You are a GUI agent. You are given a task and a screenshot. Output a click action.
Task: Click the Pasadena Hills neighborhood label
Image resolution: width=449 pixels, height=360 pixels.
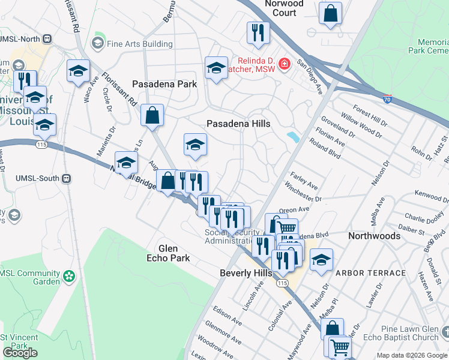[x=238, y=123]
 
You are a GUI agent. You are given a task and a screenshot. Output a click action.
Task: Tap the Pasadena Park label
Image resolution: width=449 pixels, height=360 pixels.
[x=164, y=84]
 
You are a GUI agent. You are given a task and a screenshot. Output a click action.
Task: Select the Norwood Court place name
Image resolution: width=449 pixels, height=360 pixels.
[x=285, y=8]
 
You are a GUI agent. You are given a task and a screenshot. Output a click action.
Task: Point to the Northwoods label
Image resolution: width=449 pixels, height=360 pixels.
[x=374, y=236]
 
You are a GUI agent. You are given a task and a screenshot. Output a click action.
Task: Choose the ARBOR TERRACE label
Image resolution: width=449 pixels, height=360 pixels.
[x=370, y=273]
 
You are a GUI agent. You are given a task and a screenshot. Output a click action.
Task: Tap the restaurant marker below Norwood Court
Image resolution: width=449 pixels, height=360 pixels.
[x=258, y=33]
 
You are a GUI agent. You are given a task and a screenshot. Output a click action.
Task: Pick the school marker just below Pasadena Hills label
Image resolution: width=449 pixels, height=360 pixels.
[x=195, y=145]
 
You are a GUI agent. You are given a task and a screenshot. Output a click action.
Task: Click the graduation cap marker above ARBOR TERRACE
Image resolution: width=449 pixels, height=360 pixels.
[x=321, y=259]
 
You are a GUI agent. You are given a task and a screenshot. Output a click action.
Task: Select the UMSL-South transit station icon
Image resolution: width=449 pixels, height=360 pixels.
[x=67, y=178]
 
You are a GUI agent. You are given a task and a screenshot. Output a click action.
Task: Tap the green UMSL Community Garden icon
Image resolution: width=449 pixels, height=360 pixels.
[x=70, y=277]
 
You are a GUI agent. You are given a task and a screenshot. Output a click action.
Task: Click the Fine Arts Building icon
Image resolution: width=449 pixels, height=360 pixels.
[x=97, y=43]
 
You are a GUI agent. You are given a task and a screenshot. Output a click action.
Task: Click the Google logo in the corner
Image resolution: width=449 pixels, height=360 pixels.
[x=20, y=352]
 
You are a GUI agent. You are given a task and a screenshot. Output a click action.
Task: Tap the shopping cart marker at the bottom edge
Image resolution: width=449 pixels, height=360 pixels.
[x=340, y=347]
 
